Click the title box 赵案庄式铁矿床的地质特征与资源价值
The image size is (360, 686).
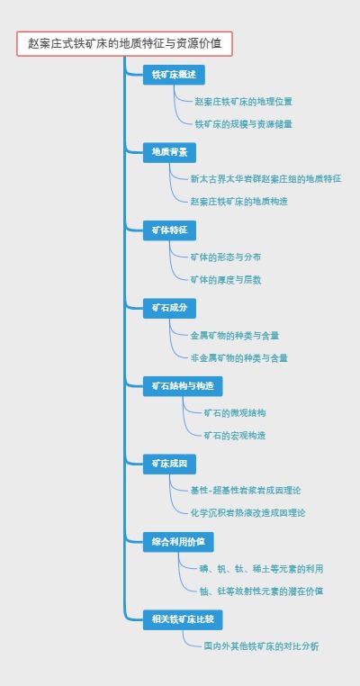coord(124,43)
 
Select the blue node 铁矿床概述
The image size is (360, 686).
coord(174,74)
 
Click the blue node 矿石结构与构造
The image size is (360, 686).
coord(183,385)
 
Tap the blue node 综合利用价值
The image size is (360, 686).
coord(178,541)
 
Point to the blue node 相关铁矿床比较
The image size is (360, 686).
coord(183,619)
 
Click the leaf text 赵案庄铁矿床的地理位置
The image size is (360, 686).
coord(243,101)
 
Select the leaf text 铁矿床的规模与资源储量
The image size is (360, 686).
coord(243,123)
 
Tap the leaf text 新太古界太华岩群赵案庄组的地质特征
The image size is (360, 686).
coord(265,178)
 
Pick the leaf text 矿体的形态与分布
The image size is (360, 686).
coord(226,257)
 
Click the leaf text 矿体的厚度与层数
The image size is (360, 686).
coord(226,280)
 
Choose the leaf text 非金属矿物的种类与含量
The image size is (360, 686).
coord(239,357)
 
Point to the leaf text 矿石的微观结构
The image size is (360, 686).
coord(235,412)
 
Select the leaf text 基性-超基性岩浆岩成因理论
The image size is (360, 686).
coord(246,490)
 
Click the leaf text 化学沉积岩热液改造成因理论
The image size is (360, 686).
coord(248,513)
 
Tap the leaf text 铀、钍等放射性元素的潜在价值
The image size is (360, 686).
coord(262,591)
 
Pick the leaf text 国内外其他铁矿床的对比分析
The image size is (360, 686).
coord(261,646)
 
